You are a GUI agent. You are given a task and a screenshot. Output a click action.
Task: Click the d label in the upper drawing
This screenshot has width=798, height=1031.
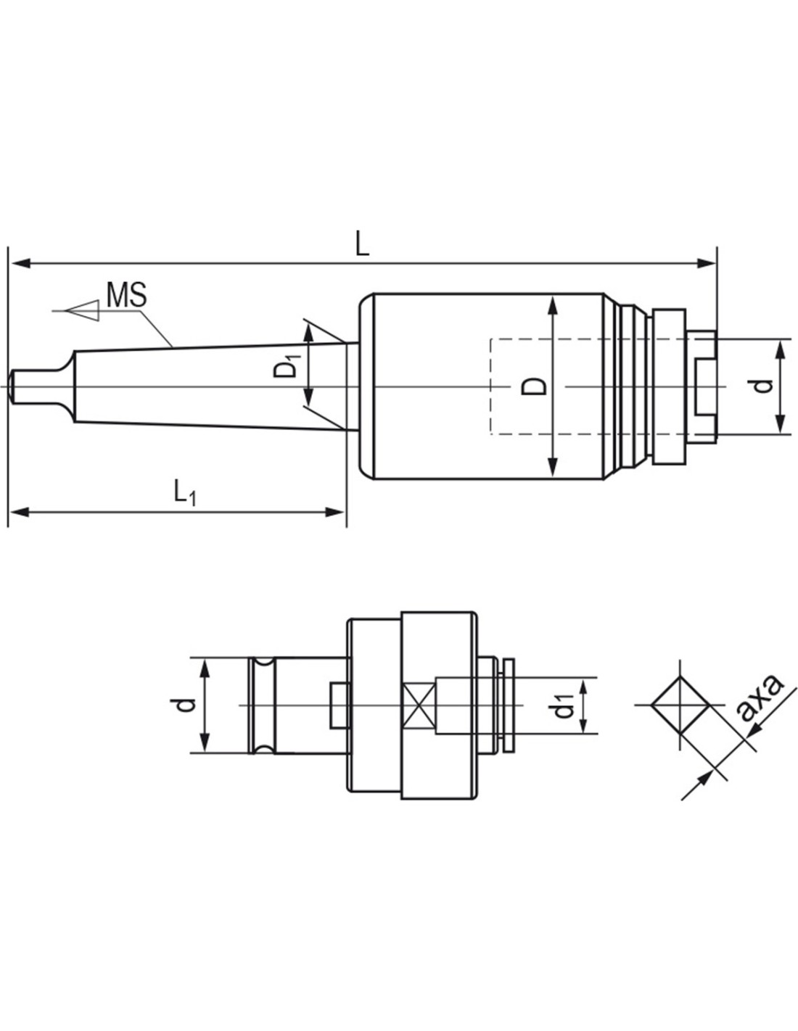click(763, 386)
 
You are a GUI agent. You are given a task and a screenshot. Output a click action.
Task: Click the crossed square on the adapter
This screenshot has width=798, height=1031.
click(417, 706)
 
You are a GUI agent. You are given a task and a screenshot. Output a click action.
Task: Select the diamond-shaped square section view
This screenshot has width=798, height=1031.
click(680, 705)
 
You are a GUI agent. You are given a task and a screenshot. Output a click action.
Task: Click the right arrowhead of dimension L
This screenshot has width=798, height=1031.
click(706, 262)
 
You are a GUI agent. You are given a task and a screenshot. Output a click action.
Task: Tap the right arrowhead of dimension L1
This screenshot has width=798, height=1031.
click(334, 512)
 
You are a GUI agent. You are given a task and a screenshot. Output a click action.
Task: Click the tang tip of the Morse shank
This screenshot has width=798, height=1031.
click(12, 386)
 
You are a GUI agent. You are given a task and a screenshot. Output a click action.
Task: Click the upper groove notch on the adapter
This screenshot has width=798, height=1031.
click(262, 662)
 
